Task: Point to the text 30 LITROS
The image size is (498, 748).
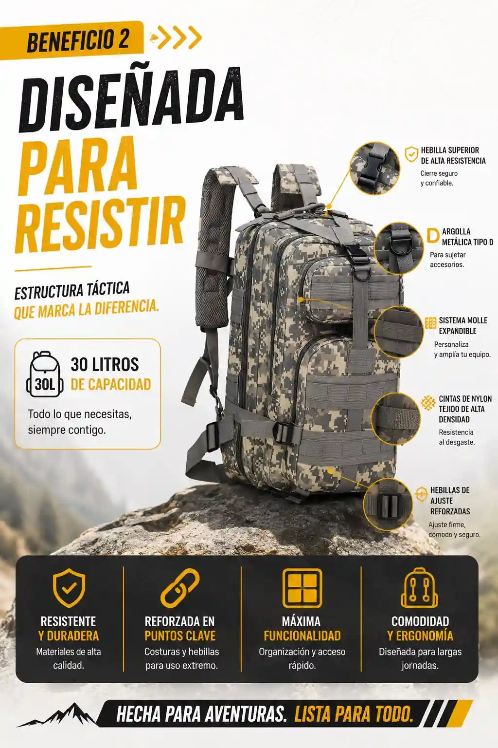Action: click(105, 364)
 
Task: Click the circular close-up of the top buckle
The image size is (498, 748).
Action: click(374, 168)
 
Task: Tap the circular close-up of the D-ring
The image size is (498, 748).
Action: click(399, 248)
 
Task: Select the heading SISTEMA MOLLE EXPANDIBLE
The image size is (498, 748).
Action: click(463, 326)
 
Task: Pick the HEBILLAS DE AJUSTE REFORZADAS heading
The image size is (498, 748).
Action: click(450, 501)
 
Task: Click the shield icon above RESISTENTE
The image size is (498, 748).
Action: click(69, 588)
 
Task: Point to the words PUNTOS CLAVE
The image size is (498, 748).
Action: click(180, 636)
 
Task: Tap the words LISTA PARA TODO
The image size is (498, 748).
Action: click(354, 714)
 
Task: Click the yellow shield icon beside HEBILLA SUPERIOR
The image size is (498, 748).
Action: click(411, 154)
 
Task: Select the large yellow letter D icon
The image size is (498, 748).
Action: click(433, 236)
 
